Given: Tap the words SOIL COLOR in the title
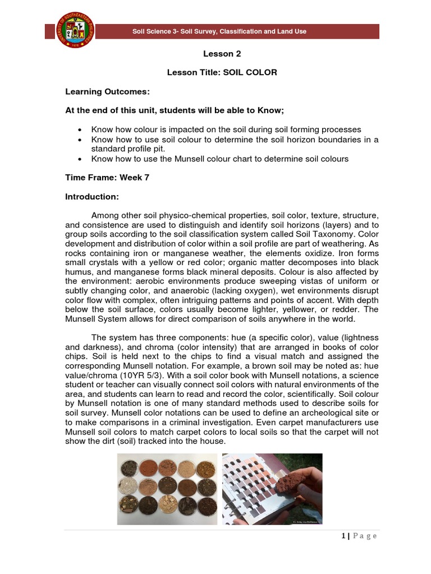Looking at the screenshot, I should tap(250, 73).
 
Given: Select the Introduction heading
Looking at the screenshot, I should tap(91, 197).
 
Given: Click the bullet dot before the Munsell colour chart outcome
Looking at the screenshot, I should tap(82, 159).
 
